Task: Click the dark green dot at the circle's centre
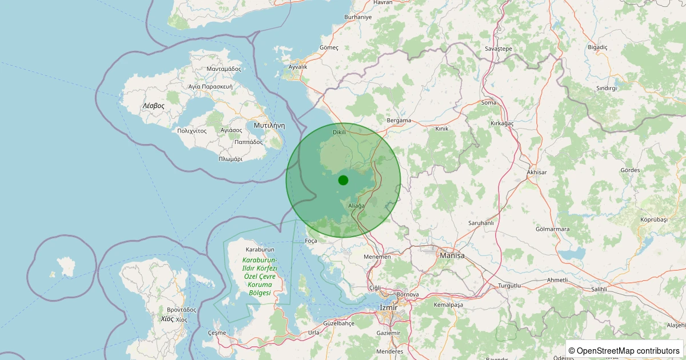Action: (343, 180)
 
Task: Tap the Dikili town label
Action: (340, 132)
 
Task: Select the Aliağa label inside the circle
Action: (356, 205)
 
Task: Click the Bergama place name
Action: (399, 121)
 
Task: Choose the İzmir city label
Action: (388, 308)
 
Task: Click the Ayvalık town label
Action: (298, 67)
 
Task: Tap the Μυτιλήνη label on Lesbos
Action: (269, 125)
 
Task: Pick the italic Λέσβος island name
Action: (154, 106)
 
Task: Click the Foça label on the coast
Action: (311, 241)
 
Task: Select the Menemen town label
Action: (377, 257)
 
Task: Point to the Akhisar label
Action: (537, 172)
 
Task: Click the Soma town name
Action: (489, 103)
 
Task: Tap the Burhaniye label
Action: (358, 17)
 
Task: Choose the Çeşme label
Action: (217, 333)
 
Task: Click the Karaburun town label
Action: (260, 250)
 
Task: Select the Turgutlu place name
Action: (510, 285)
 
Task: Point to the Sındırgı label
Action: (607, 88)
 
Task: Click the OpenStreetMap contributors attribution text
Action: (624, 350)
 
